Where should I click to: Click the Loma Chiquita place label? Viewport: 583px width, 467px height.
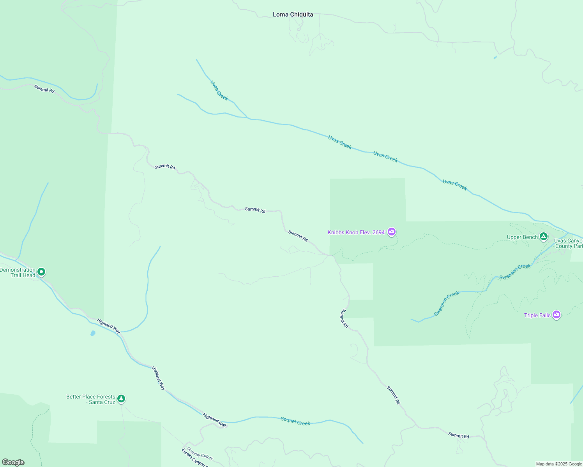coord(293,15)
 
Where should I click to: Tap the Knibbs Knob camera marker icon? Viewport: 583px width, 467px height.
coord(392,232)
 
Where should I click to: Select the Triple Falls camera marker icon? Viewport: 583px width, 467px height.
coord(556,315)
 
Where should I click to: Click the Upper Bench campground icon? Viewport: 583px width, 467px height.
coord(544,237)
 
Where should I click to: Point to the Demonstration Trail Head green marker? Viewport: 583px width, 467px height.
coord(41,272)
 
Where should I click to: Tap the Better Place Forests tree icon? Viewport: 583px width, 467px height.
coord(121,399)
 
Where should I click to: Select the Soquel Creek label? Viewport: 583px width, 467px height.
coord(295,421)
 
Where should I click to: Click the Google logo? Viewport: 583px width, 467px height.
coord(13,462)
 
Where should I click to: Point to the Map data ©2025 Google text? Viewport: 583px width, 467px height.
coord(559,464)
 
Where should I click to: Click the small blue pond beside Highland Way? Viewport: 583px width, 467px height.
coord(93,333)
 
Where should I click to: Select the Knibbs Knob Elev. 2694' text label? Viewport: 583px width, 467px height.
coord(357,232)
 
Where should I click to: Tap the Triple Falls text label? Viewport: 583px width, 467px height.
coord(537,315)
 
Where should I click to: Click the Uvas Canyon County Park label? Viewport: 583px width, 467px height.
coord(568,243)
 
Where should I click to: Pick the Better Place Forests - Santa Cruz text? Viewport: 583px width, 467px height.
coord(91,399)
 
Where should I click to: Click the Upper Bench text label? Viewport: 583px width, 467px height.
coord(522,237)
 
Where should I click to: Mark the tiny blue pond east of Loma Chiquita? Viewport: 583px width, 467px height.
coord(495,58)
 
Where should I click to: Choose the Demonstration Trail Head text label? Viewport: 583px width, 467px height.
coord(18,272)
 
